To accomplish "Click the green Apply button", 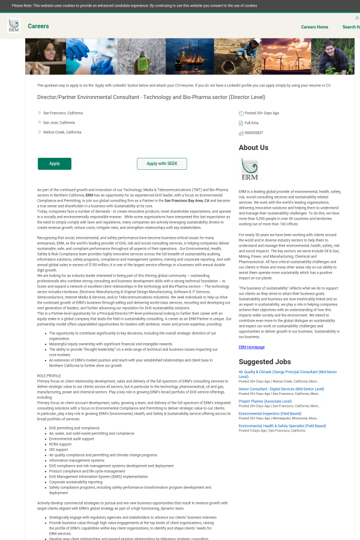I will (55, 164).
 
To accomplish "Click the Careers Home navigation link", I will (314, 27).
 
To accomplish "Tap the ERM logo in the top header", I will (13, 25).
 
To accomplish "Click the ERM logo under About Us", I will (249, 169).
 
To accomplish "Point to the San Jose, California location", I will (59, 122).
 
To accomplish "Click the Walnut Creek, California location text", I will (62, 132).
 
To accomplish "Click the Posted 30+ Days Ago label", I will (262, 113).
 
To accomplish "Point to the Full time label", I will (251, 122).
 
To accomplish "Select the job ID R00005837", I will (254, 133).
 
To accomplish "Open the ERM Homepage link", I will (251, 347).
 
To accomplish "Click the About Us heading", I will (253, 148).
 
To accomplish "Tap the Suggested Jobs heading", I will (265, 362).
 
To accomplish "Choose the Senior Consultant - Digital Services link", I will (281, 389).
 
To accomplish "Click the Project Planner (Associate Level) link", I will (265, 401).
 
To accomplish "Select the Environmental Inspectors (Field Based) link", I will (269, 413).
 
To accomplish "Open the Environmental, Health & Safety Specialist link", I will (282, 425).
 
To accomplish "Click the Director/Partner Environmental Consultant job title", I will (151, 97).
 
